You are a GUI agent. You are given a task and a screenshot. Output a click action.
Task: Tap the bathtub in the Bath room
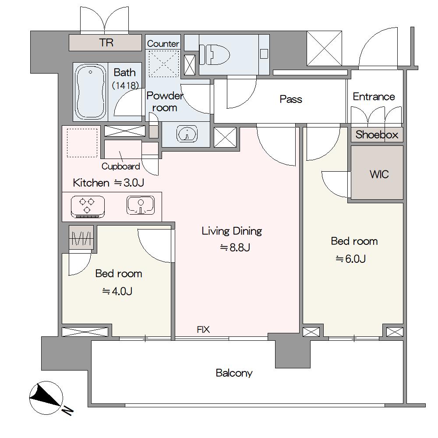coord(91,92)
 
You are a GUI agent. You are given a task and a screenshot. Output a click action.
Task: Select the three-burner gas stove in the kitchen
coord(88,207)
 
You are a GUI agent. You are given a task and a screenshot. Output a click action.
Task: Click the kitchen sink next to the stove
coord(141,205)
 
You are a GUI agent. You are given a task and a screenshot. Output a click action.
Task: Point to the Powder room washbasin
coord(187,133)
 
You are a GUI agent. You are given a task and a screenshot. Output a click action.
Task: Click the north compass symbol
coord(46,398)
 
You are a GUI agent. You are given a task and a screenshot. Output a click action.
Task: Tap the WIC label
coord(379,174)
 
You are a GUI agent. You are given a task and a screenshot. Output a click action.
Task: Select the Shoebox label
coord(377,134)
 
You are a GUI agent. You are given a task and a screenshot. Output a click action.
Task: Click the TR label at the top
coord(106,43)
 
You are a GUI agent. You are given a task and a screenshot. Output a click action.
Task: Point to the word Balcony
coord(234,373)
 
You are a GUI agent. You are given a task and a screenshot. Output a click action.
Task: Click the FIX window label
coord(203,330)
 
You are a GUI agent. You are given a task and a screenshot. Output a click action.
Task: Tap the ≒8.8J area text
coord(235,247)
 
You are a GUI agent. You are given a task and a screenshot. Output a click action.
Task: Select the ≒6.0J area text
coord(350,259)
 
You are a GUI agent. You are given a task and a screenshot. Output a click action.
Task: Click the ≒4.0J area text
coord(117,291)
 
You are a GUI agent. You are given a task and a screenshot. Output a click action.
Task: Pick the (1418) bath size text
coord(125,85)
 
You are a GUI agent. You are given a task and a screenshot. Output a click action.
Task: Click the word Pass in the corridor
coord(291,99)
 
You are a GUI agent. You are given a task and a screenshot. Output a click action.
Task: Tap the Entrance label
coord(374,97)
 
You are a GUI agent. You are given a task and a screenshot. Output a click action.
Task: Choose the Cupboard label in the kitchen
coord(121,166)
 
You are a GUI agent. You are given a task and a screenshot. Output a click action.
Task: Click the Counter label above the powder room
coord(163,43)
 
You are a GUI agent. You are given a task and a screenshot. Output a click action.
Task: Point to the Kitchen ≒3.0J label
coord(108,183)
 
